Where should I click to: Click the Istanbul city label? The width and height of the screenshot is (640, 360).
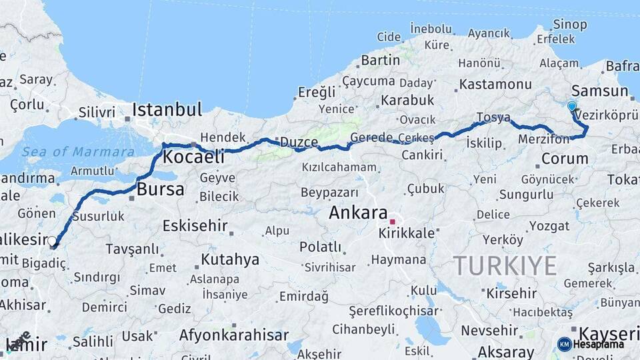coord(167,109)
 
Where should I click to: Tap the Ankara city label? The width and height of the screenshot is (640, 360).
coord(358,213)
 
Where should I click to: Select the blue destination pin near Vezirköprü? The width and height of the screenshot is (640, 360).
coord(571,106)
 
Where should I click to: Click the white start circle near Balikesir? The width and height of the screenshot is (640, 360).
coord(52,241)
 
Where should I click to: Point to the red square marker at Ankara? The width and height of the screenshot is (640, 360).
coord(393,221)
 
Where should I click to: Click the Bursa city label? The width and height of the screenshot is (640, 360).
coord(160,189)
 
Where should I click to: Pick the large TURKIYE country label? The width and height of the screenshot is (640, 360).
coord(505,266)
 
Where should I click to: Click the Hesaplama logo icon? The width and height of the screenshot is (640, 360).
coord(564,344)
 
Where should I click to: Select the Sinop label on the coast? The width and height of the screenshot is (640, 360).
coord(570,25)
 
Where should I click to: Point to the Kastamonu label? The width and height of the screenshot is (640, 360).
coord(495,85)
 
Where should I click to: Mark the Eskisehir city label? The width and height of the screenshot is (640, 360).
coord(195,225)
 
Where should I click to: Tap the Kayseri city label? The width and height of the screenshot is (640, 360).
coord(609,333)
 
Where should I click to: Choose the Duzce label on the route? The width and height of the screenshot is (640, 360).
coord(299,141)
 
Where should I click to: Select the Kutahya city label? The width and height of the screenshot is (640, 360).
coord(230,259)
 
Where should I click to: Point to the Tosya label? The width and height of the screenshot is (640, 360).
coord(493,117)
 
